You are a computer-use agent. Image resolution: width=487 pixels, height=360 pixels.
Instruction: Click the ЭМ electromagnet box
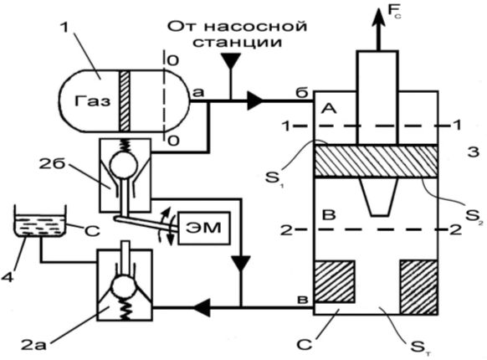203,228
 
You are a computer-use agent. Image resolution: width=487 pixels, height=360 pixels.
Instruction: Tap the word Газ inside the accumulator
92,101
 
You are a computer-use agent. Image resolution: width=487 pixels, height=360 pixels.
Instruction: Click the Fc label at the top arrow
394,11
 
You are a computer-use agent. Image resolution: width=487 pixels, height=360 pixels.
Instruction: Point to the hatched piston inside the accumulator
124,101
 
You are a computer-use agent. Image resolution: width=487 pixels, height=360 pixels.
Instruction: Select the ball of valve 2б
124,162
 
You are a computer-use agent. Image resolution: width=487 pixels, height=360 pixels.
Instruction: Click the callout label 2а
33,345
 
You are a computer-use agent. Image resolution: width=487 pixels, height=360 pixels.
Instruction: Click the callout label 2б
52,164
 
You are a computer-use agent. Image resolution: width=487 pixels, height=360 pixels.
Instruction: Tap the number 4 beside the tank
8,276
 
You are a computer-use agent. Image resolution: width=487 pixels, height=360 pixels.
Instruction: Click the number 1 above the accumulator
64,28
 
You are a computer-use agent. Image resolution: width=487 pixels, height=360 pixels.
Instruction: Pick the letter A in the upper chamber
328,109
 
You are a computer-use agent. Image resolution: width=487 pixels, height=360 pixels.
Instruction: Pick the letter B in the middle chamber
329,215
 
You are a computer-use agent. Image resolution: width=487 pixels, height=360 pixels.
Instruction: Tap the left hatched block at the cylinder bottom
335,281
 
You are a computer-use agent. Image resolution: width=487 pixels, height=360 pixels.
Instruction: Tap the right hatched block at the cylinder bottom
418,286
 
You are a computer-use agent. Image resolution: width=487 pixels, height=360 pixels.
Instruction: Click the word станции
237,42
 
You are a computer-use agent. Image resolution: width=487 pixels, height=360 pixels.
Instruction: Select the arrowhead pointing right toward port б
255,100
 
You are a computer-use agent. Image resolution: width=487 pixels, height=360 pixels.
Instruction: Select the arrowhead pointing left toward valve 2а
202,307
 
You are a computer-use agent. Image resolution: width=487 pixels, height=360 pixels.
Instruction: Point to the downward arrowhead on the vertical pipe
241,263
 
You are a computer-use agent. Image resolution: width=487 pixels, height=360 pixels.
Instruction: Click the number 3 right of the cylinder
474,152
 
